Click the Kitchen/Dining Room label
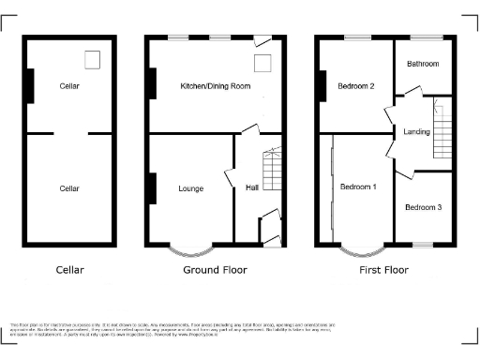(216, 86)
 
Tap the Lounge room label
(191, 188)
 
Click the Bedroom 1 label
(358, 187)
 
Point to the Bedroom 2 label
(356, 86)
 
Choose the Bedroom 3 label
(423, 206)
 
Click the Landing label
(416, 132)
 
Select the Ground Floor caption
(215, 270)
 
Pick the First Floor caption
(385, 270)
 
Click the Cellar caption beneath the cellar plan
(68, 270)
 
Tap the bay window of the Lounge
(191, 248)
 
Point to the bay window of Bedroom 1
(361, 248)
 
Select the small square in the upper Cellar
(92, 61)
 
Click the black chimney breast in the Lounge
(150, 187)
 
